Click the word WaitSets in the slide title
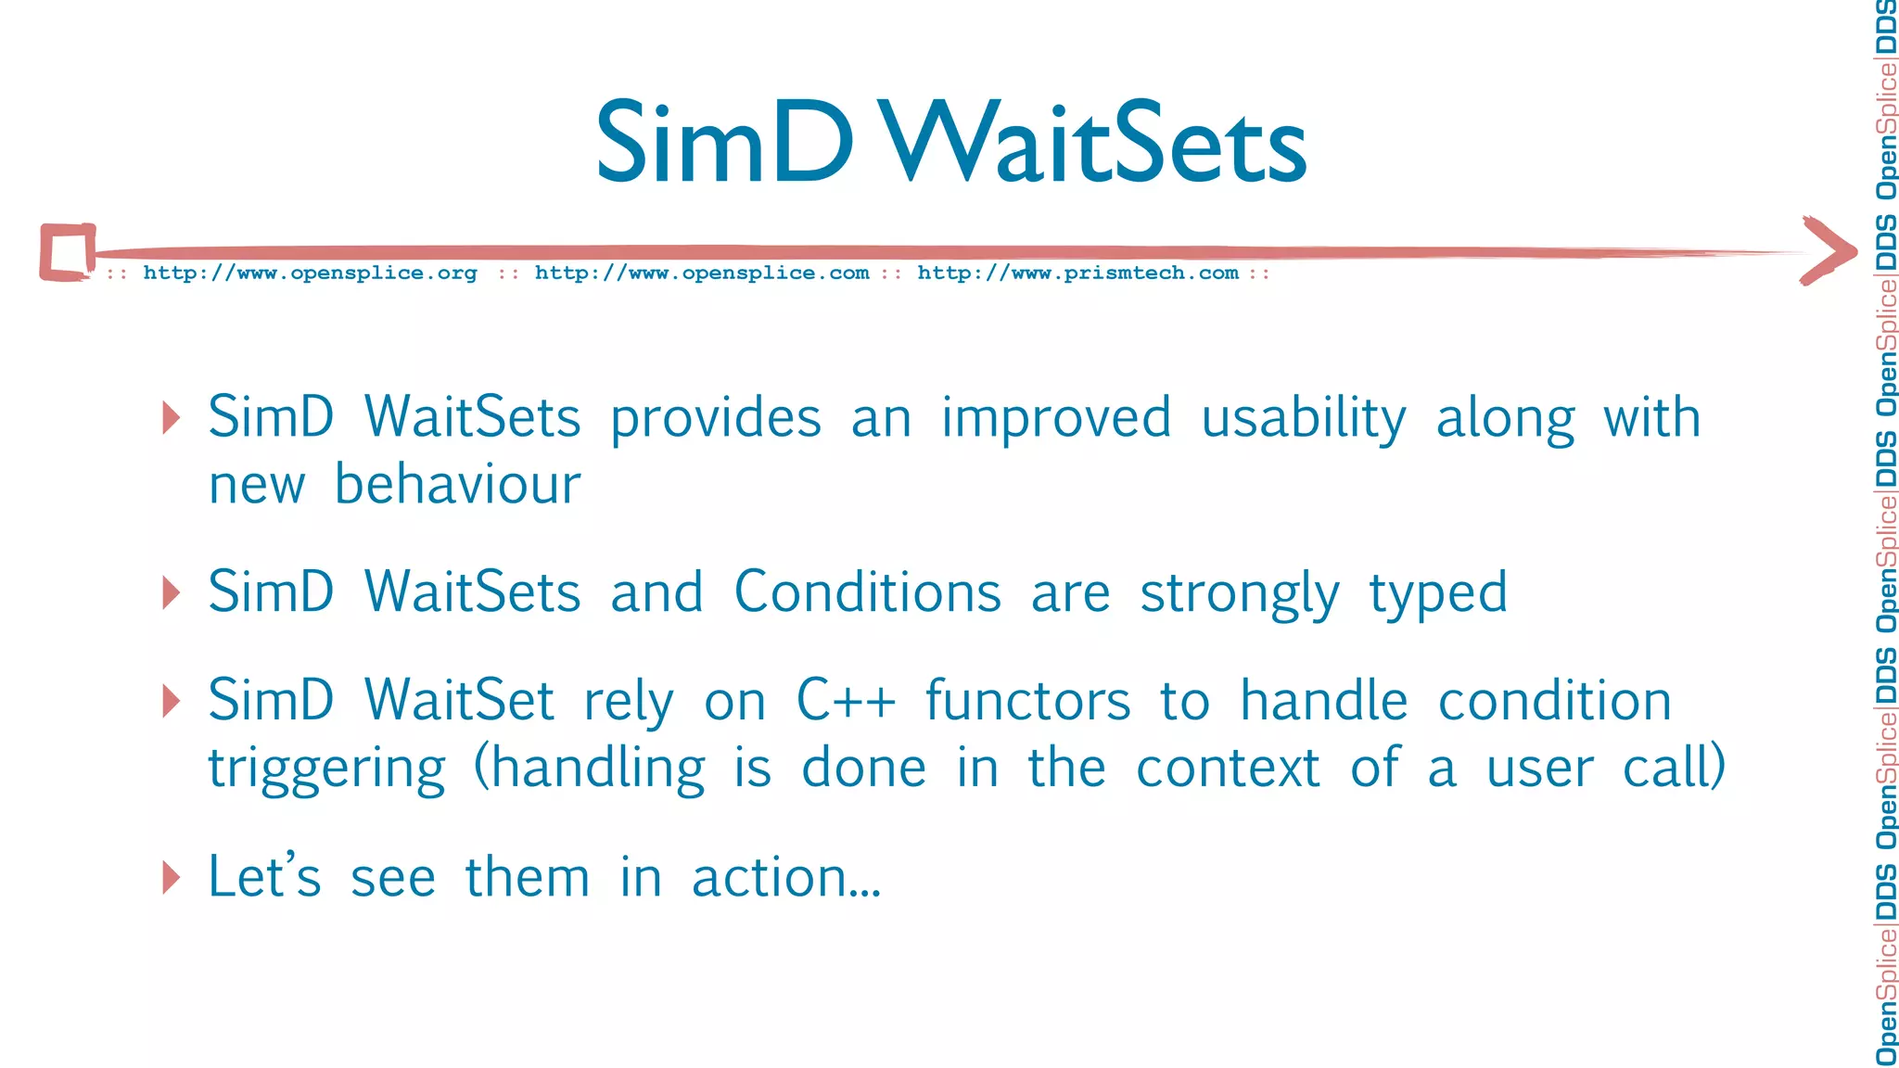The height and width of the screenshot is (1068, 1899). (x=1094, y=144)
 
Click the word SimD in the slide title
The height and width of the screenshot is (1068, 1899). (x=723, y=144)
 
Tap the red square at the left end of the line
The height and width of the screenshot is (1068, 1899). (x=68, y=251)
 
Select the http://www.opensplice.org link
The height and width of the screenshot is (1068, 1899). (x=310, y=273)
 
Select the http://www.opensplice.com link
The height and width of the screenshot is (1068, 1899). (x=702, y=273)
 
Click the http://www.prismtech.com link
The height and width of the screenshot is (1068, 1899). (x=1077, y=273)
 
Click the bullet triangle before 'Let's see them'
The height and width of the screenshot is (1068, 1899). (x=171, y=877)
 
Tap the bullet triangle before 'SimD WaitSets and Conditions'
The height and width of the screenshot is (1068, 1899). (x=171, y=592)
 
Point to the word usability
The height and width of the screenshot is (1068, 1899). (x=1303, y=419)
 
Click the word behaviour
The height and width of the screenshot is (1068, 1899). (x=457, y=485)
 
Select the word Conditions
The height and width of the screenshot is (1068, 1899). (x=867, y=592)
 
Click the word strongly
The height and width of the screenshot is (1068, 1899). (x=1239, y=594)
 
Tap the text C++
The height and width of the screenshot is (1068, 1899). (x=846, y=701)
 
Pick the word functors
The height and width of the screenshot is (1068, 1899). (x=1027, y=701)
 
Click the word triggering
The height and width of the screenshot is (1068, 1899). (x=326, y=769)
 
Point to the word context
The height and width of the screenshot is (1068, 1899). (x=1228, y=769)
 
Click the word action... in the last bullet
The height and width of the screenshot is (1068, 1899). (x=786, y=877)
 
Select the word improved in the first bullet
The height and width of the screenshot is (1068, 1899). (x=1056, y=419)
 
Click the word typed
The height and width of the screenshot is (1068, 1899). (x=1438, y=594)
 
